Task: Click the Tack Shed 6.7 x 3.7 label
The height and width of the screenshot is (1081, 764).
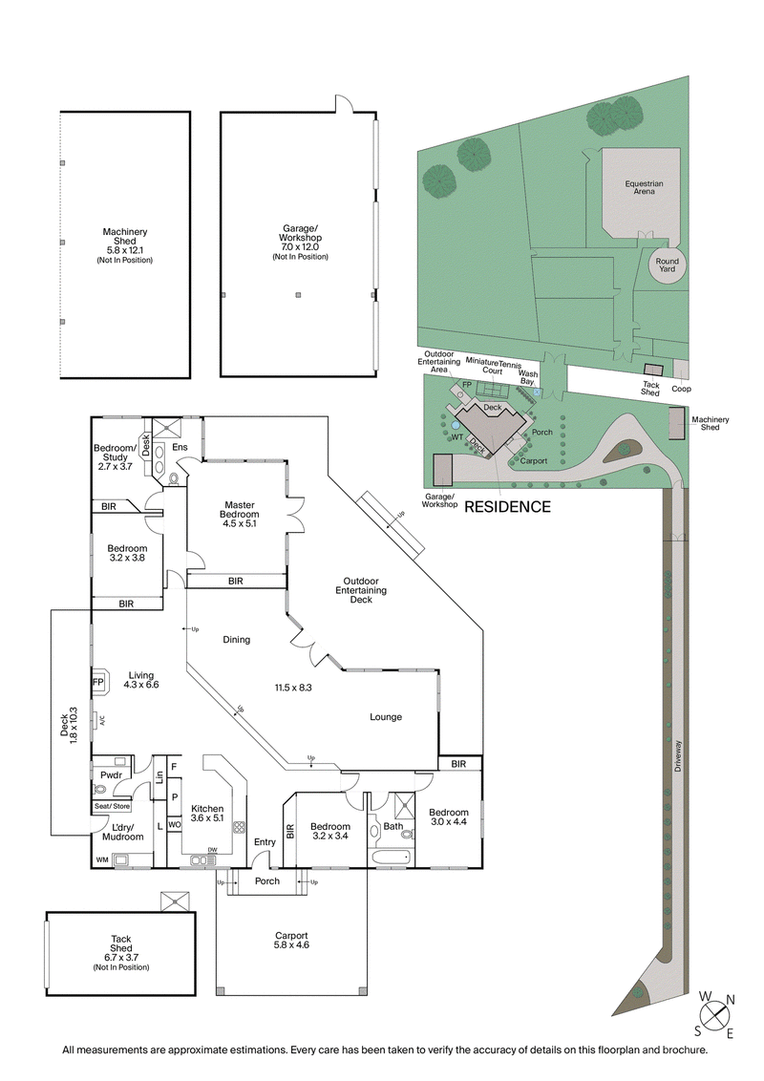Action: click(x=120, y=952)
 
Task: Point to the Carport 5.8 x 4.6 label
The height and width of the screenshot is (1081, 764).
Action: click(x=290, y=941)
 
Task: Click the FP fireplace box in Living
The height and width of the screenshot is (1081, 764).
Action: click(x=97, y=683)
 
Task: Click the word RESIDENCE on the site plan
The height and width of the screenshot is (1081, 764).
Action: click(x=507, y=506)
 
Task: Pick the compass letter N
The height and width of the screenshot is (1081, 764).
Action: click(x=730, y=1002)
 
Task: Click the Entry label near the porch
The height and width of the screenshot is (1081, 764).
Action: click(x=265, y=841)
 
